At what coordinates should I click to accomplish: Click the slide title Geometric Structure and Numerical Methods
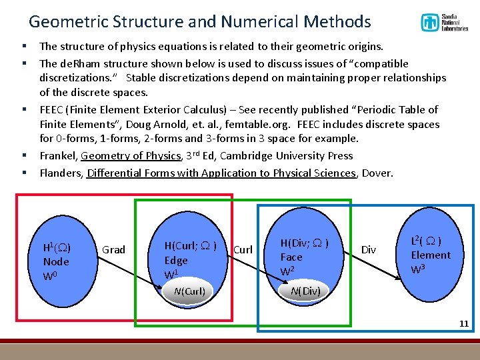click(x=199, y=21)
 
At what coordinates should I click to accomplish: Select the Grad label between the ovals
click(x=113, y=249)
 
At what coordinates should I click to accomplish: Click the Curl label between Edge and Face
click(x=243, y=249)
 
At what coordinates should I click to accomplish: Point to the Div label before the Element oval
click(x=368, y=249)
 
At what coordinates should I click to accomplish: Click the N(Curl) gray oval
click(x=189, y=291)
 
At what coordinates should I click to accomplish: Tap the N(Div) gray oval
click(x=305, y=291)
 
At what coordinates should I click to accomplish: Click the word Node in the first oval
click(x=56, y=261)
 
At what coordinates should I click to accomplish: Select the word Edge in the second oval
click(x=176, y=261)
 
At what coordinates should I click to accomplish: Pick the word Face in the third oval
click(x=291, y=257)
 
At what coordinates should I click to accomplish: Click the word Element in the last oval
click(x=430, y=255)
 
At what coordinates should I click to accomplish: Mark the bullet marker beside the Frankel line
click(x=23, y=156)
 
